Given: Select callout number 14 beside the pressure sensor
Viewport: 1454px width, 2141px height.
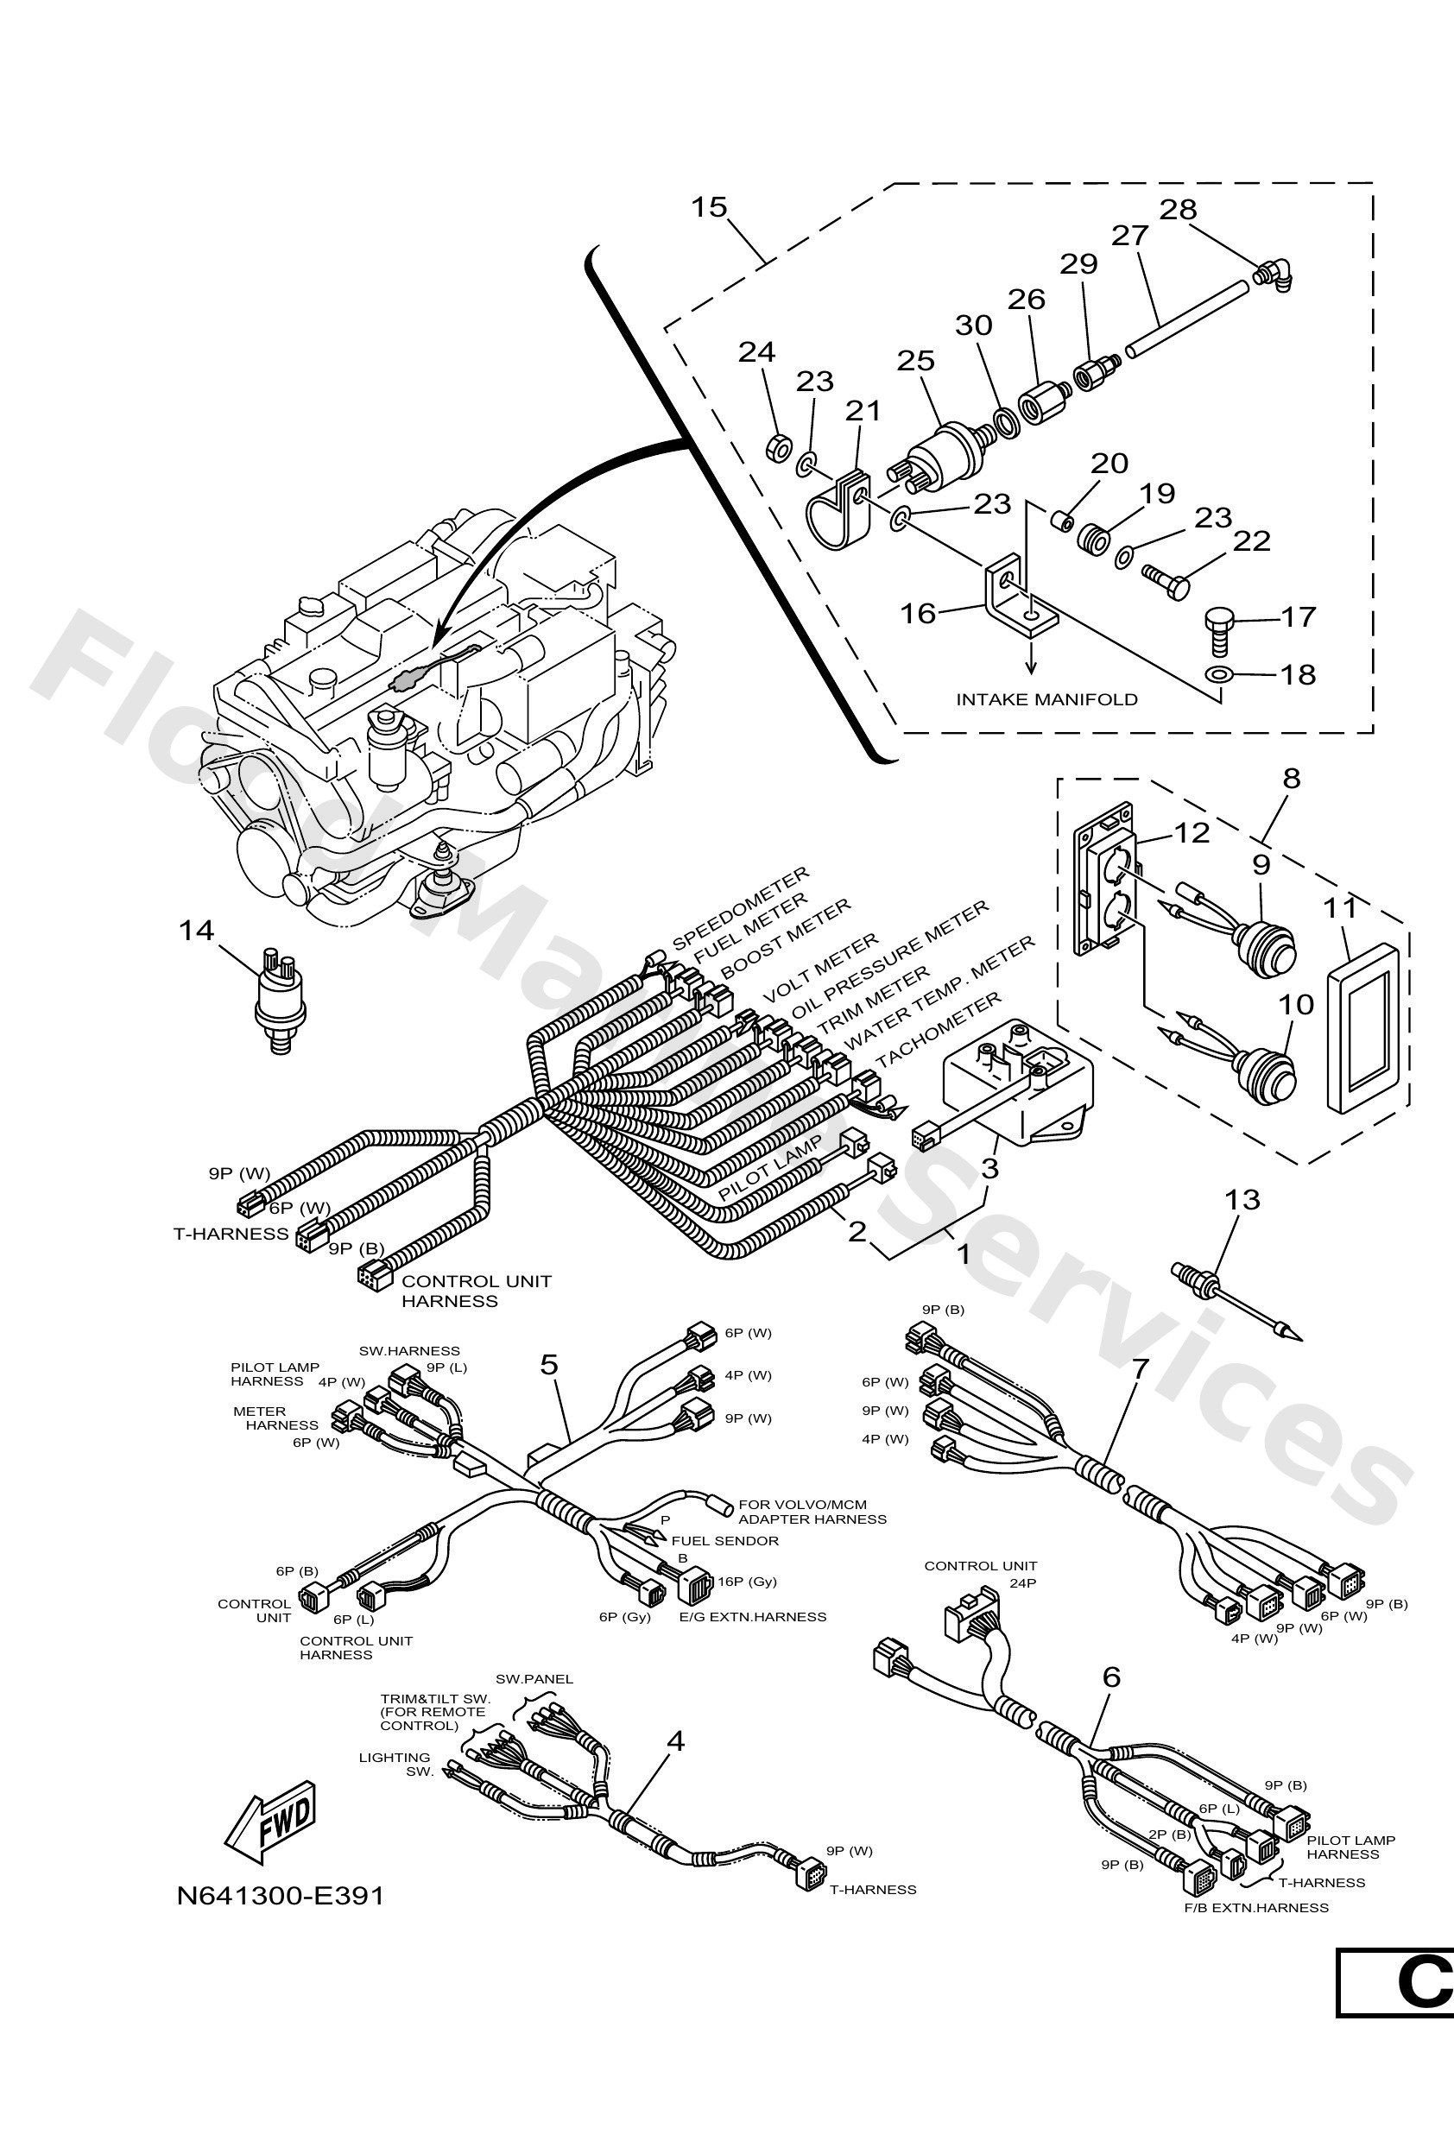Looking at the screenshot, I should [x=196, y=931].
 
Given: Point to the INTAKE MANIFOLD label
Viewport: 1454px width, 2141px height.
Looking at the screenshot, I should [x=1046, y=699].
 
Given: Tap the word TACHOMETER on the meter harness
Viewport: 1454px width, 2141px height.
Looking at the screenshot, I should [x=938, y=1028].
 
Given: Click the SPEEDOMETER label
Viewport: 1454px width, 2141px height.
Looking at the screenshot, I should [x=740, y=908].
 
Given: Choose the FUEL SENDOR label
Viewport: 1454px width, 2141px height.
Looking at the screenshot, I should [x=724, y=1540].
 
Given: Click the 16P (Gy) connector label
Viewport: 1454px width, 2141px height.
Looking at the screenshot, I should [x=747, y=1581].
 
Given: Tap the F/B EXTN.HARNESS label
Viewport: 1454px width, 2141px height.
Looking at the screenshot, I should [x=1256, y=1907].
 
